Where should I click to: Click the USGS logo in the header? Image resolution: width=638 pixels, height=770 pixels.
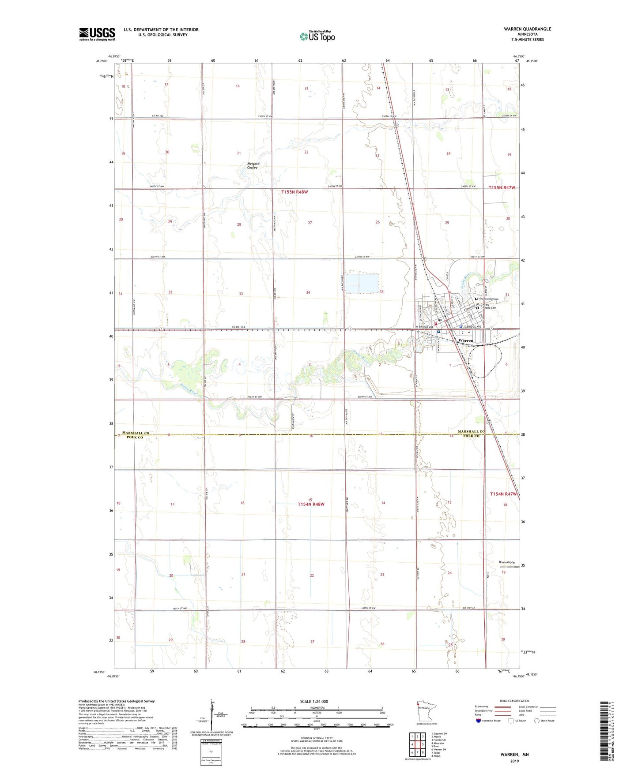97,34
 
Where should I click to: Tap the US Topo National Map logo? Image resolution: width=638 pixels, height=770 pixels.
317,36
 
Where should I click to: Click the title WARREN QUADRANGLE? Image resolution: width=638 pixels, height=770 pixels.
527,29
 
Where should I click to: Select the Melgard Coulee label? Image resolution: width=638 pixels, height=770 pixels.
253,166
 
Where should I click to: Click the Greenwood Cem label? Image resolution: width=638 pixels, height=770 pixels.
489,299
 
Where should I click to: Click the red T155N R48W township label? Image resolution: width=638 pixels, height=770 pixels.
295,192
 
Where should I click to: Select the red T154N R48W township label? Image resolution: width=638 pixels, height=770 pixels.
311,504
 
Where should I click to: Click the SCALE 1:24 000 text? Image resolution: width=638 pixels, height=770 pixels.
314,702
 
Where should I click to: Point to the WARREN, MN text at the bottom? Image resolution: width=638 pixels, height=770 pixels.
514,755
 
